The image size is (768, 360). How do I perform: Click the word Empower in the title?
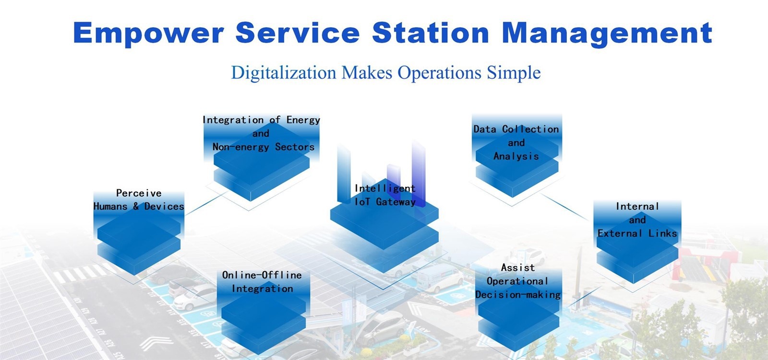coord(148,33)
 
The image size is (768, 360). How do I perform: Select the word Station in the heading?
coord(431,33)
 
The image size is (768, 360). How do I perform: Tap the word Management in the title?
coord(607,33)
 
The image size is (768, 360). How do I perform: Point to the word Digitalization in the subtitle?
coord(284,73)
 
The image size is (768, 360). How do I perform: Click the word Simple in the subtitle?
coord(514,73)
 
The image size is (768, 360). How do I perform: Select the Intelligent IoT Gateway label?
coord(385,195)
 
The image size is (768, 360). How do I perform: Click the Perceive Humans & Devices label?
coord(139,200)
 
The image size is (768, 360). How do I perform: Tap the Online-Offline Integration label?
coord(262,282)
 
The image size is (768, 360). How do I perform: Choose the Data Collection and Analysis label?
coord(516,143)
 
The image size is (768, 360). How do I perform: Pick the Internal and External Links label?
coord(637,220)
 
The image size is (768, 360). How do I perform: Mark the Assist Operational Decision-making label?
coord(518,281)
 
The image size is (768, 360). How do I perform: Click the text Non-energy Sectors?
coord(264,147)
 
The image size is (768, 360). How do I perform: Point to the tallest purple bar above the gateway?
coord(419,173)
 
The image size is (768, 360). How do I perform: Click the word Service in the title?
coord(298,33)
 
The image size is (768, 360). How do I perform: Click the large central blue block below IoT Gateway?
coord(384,235)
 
